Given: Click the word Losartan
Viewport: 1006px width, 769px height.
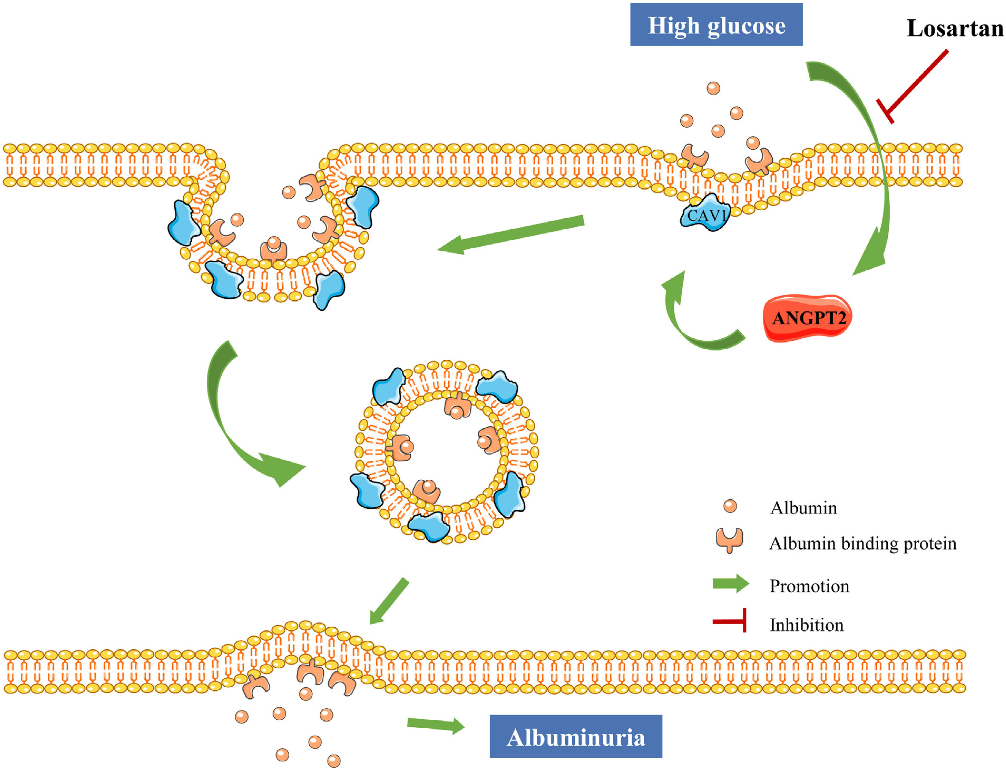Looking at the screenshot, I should [955, 28].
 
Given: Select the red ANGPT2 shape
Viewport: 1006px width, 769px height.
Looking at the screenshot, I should [808, 318].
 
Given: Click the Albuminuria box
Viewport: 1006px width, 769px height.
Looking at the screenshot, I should [575, 737].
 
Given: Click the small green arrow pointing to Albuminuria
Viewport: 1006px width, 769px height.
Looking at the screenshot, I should [435, 724].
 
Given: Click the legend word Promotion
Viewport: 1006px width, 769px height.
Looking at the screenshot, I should [809, 586].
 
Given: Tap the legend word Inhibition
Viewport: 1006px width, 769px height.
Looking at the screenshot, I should [806, 625].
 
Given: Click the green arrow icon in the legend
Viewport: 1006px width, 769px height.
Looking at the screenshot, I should [730, 584].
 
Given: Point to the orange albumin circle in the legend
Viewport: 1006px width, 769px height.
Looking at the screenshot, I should [730, 506].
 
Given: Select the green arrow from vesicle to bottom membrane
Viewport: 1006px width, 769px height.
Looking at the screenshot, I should [389, 601].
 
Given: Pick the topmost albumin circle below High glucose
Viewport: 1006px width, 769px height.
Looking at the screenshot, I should [713, 88].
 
